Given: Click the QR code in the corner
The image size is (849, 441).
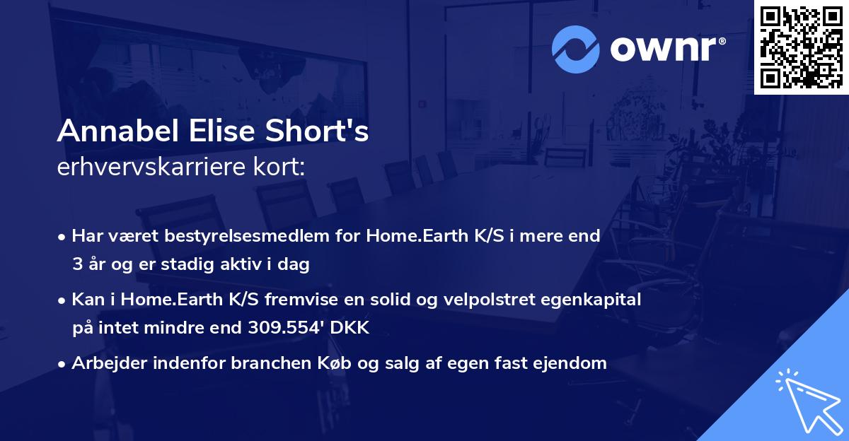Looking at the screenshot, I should click(801, 47).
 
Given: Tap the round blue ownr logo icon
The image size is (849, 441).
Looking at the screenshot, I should click(576, 48).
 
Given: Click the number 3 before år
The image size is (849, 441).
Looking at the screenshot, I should click(76, 264).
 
